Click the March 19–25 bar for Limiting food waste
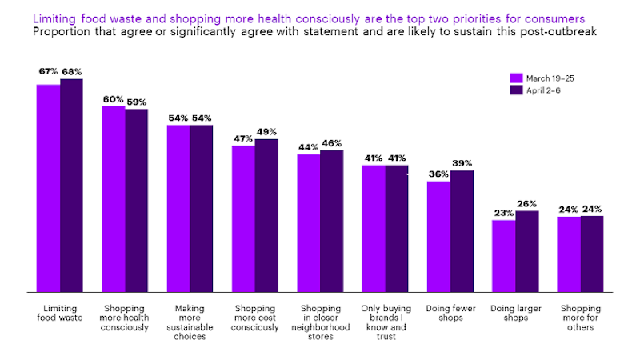click(48, 188)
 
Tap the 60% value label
click(113, 99)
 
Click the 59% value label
click(136, 102)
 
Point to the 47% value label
click(243, 139)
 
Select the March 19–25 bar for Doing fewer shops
click(438, 237)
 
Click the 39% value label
click(462, 163)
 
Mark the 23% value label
click(504, 213)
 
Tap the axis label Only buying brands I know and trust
click(385, 322)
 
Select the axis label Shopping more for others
click(580, 318)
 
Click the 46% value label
click(332, 143)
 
